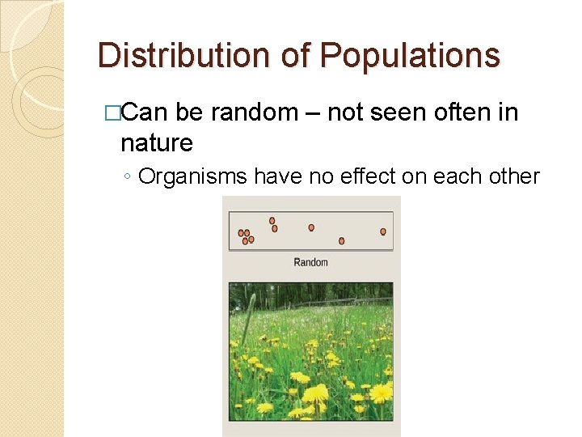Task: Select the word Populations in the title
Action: coord(410,56)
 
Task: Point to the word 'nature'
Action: coord(156,143)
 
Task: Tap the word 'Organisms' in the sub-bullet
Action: coord(193,176)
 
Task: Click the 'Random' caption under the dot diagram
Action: coord(310,262)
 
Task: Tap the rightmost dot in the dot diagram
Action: coord(383,231)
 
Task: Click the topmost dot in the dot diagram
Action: coord(272,220)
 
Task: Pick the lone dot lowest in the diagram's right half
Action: coord(342,240)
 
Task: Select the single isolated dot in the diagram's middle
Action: coord(311,227)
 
